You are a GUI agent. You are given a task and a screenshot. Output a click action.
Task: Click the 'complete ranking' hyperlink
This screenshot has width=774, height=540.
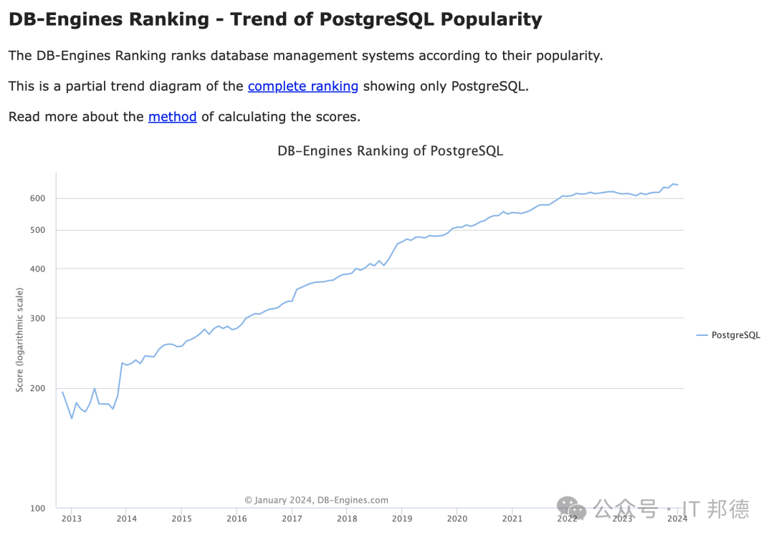[x=302, y=87]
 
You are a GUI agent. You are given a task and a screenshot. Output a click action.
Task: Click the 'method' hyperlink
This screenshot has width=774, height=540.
[x=172, y=117]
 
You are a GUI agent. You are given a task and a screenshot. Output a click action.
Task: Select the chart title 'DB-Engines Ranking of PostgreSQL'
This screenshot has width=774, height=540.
[x=390, y=151]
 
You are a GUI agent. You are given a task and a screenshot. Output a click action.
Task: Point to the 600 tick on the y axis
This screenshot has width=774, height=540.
[x=37, y=198]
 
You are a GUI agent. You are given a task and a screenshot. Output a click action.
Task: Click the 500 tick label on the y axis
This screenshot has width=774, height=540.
[x=37, y=231]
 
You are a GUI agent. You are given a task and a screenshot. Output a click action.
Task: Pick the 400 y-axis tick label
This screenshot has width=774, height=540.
[x=37, y=269]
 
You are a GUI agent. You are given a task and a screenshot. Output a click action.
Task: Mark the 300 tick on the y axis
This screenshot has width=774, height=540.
[x=37, y=318]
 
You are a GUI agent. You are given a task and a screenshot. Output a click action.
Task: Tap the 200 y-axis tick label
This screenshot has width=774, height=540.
[x=37, y=389]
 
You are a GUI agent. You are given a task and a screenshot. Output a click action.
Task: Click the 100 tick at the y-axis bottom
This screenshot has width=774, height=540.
[x=37, y=508]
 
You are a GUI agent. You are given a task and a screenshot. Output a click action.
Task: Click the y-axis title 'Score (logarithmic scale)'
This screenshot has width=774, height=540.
[x=20, y=339]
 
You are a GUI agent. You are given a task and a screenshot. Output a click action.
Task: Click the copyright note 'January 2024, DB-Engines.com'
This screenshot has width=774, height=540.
[x=317, y=501]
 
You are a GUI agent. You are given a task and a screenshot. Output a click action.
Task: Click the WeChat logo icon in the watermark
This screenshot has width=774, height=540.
[x=572, y=508]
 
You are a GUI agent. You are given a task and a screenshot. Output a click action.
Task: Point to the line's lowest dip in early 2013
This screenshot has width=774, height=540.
[x=72, y=418]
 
